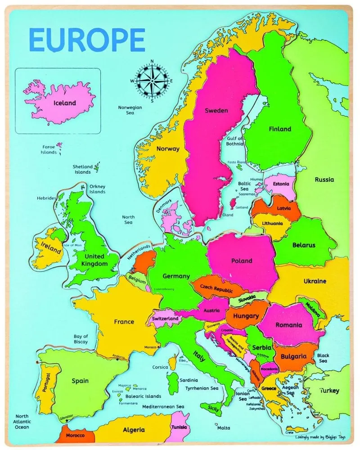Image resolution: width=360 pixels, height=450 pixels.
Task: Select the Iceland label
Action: tap(65, 103)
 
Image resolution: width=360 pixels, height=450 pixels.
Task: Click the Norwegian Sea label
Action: tap(130, 110)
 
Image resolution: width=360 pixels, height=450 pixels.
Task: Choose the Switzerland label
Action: tap(166, 319)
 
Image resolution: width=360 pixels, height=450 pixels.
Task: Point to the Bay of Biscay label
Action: tap(81, 339)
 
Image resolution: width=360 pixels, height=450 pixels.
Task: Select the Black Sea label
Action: tap(323, 358)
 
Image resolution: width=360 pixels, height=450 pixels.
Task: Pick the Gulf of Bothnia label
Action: tap(234, 141)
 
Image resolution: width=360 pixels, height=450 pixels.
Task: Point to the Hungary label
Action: tap(246, 316)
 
